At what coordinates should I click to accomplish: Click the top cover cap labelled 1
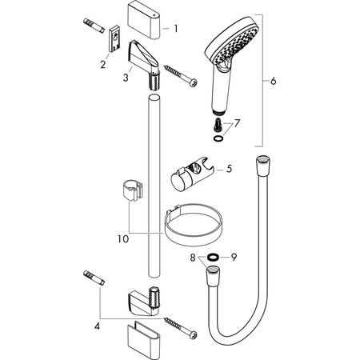144,18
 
